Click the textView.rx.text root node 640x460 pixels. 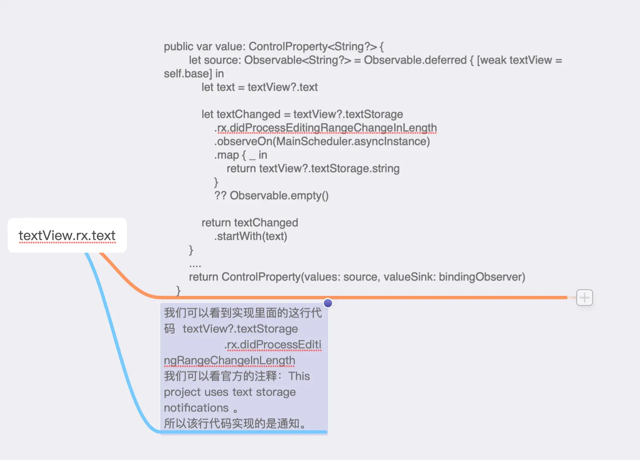(67, 236)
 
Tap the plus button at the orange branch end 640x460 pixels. (584, 298)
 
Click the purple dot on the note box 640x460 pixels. (328, 303)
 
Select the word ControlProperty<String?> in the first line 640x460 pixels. (312, 47)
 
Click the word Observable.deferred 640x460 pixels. (415, 60)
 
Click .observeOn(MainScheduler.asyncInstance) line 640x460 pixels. (322, 142)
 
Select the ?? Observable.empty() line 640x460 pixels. (271, 196)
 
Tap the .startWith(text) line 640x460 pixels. (251, 236)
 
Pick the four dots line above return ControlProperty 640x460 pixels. (195, 265)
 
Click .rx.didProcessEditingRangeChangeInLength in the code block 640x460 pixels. (326, 128)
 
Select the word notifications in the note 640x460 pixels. (196, 408)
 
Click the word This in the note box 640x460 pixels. (299, 376)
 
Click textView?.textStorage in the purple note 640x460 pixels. (240, 329)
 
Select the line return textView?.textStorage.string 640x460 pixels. (313, 169)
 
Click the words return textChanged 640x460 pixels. (250, 223)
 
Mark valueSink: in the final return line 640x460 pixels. (409, 277)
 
